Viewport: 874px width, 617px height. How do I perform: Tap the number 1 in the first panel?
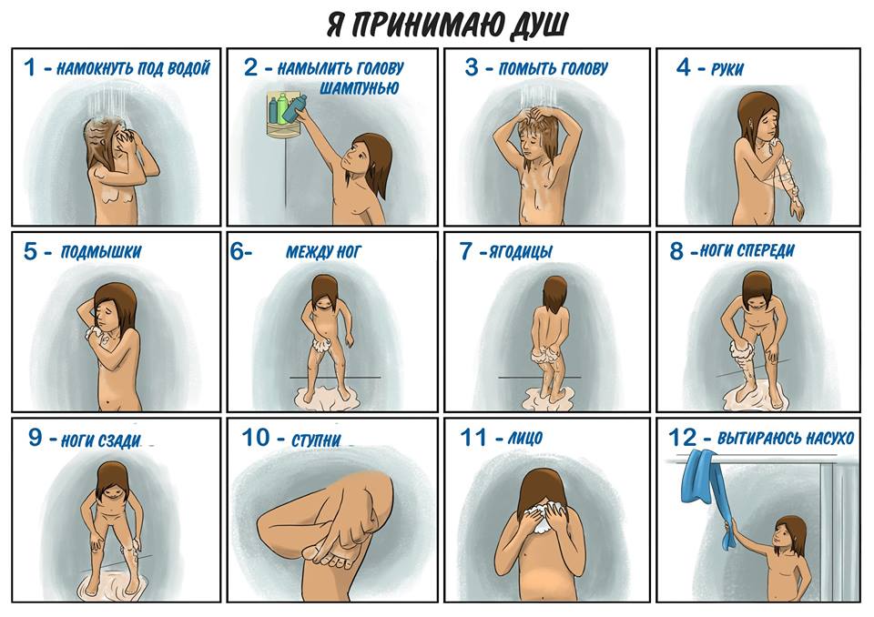pos(29,67)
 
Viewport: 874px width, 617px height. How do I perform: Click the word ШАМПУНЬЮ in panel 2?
pos(359,87)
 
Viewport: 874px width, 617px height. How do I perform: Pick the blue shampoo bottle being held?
pos(295,108)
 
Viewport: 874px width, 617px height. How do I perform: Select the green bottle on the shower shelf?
pos(282,108)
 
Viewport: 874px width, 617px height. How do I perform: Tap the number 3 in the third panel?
pos(472,67)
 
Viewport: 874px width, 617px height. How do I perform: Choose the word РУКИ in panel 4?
pos(727,69)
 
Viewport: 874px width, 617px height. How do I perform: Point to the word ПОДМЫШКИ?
pos(101,251)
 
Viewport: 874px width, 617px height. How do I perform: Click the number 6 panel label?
pos(237,251)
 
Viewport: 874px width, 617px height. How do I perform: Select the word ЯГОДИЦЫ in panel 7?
pos(521,252)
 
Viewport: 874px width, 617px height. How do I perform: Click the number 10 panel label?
pos(256,438)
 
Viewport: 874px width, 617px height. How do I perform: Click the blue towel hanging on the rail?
pos(703,491)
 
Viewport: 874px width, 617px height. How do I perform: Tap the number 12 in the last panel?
pos(682,438)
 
